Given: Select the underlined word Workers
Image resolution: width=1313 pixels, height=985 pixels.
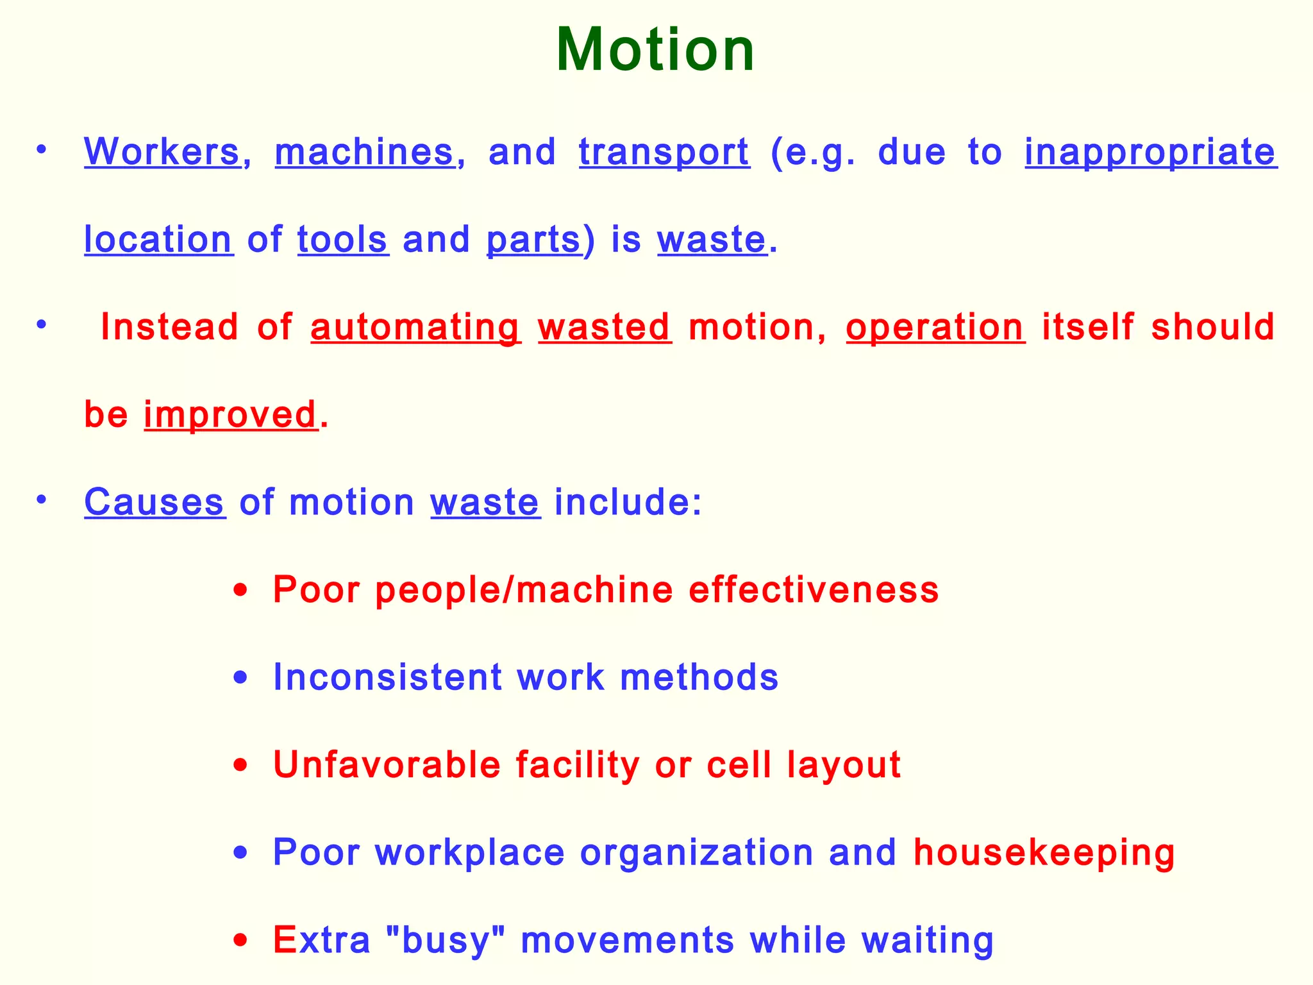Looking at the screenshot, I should pyautogui.click(x=162, y=152).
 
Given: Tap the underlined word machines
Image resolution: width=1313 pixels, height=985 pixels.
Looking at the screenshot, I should pyautogui.click(x=364, y=152).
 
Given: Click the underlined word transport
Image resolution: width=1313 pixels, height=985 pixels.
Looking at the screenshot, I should pyautogui.click(x=664, y=153).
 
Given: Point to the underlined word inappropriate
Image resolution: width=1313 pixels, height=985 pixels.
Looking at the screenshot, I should pyautogui.click(x=1150, y=153).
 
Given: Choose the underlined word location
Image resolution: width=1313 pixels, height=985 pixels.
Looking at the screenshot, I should pyautogui.click(x=158, y=239).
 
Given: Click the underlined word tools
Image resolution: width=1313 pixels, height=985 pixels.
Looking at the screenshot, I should pyautogui.click(x=342, y=239).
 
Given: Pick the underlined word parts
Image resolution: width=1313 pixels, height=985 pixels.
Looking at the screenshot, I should pyautogui.click(x=533, y=240).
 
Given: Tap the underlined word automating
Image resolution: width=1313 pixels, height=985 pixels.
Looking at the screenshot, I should pyautogui.click(x=415, y=328).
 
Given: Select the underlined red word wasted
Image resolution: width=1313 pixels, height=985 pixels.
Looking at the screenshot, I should pyautogui.click(x=605, y=326).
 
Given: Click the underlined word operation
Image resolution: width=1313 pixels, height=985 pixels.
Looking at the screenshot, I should pyautogui.click(x=935, y=328).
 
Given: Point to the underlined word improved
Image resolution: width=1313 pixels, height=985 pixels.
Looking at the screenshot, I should pyautogui.click(x=231, y=415).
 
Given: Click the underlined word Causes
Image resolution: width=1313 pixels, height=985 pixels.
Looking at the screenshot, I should pyautogui.click(x=154, y=501).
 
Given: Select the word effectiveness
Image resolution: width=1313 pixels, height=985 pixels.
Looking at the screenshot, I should pyautogui.click(x=814, y=589).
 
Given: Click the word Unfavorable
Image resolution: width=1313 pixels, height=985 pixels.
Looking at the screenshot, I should pyautogui.click(x=387, y=764).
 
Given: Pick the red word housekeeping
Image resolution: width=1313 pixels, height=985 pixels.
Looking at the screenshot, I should pyautogui.click(x=1044, y=853).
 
